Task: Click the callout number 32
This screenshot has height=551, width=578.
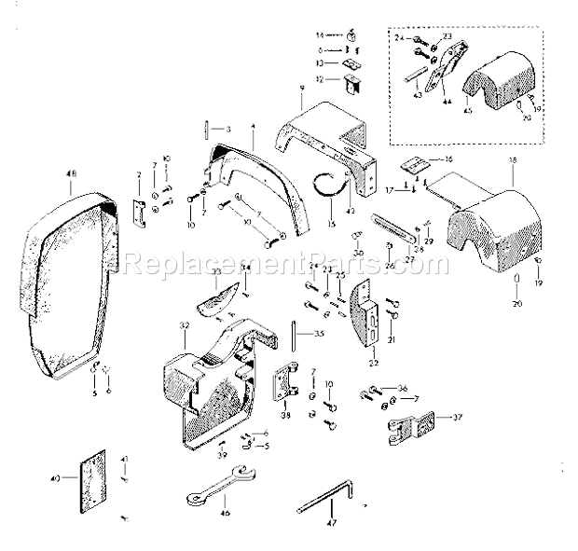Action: pyautogui.click(x=185, y=326)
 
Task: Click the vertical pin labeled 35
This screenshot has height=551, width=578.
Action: pyautogui.click(x=295, y=334)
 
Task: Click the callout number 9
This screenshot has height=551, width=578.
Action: pyautogui.click(x=302, y=88)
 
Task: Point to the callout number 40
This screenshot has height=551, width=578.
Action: pyautogui.click(x=55, y=479)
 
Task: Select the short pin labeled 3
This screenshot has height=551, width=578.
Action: pyautogui.click(x=203, y=127)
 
